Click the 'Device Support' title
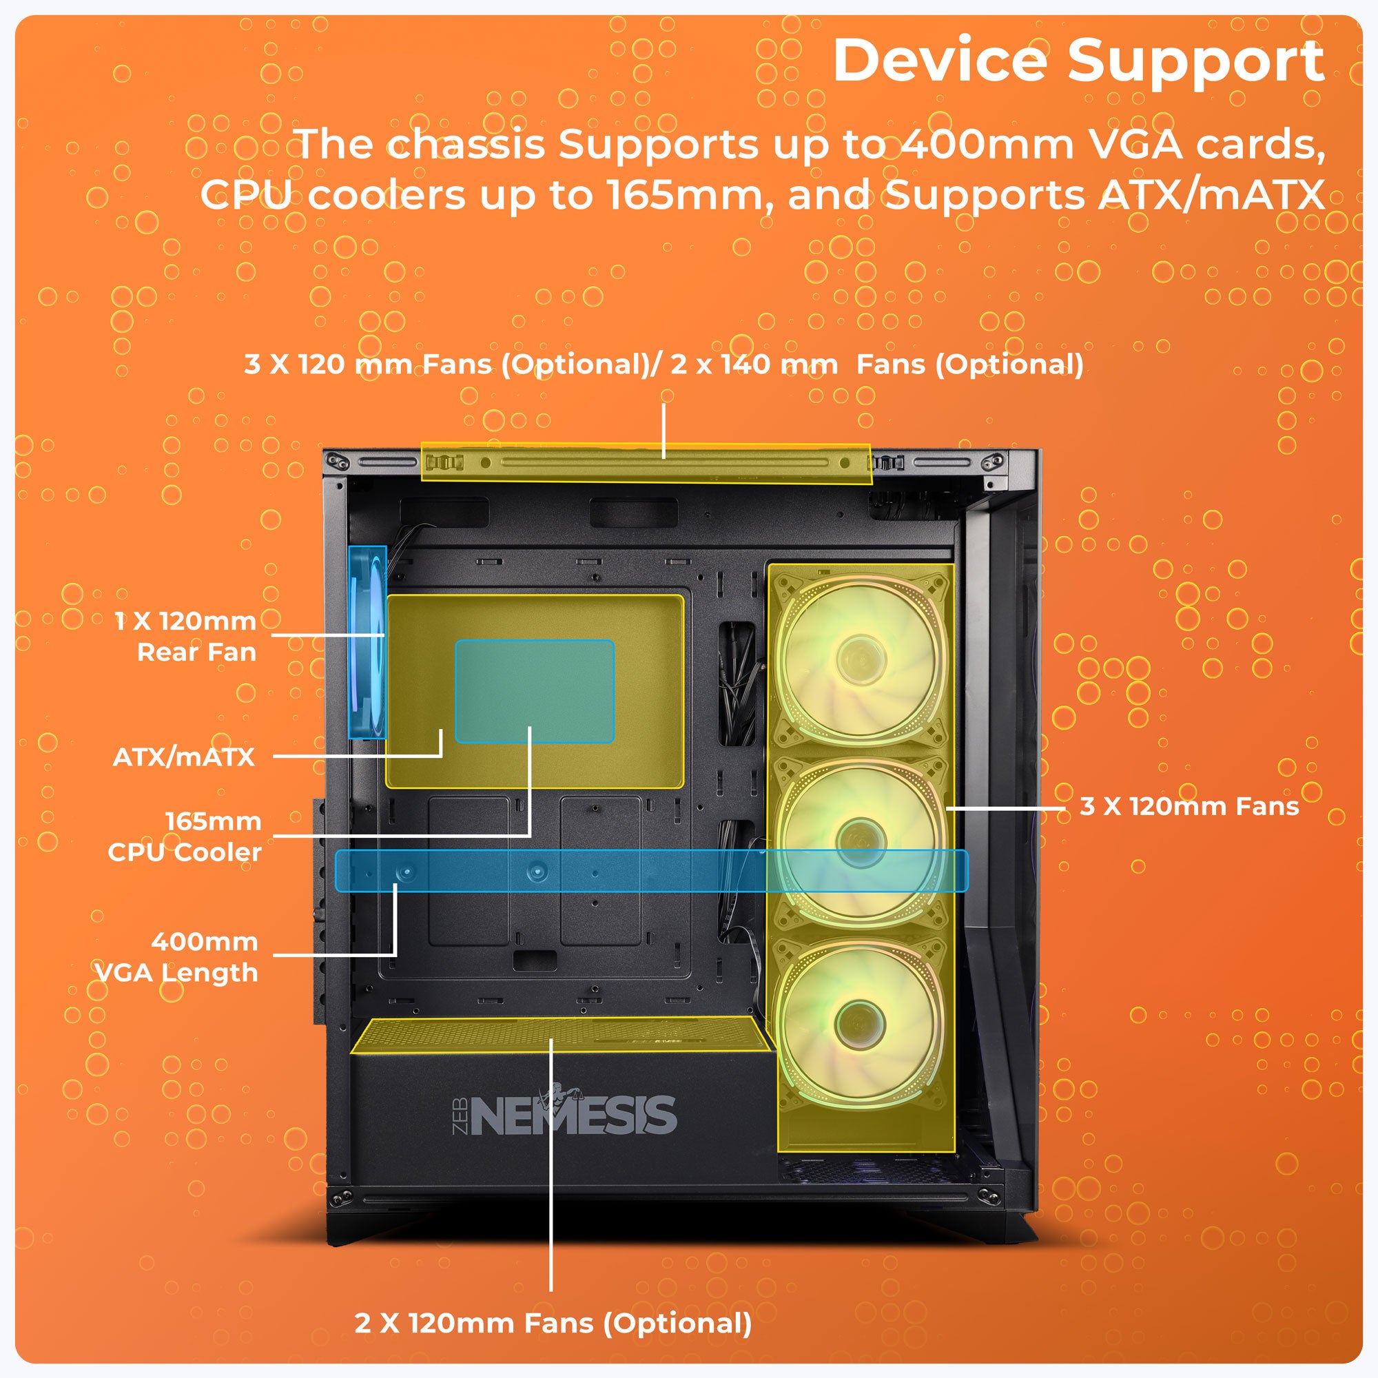click(1078, 61)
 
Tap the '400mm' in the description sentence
click(987, 145)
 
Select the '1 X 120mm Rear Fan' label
click(187, 636)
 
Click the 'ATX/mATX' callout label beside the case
click(184, 757)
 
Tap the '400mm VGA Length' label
click(178, 957)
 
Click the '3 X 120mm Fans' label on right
click(1189, 807)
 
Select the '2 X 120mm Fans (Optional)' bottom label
click(553, 1323)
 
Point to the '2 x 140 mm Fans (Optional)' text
click(876, 364)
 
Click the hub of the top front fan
click(860, 653)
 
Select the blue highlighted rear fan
click(367, 642)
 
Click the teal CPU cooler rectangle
click(534, 691)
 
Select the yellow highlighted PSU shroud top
click(560, 1035)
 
